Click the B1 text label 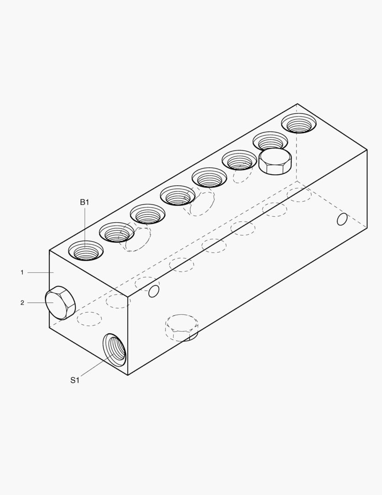coord(85,202)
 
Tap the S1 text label coord(75,380)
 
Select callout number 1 coord(22,272)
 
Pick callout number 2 coord(22,302)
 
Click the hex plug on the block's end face coord(60,303)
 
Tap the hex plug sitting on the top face coord(275,161)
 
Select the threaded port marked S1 coord(114,350)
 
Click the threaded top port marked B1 coord(86,251)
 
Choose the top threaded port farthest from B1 coord(298,123)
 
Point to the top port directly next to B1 coord(117,232)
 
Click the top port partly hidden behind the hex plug coord(270,140)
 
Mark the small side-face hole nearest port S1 coord(154,291)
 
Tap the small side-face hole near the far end coord(342,220)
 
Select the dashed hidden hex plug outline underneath coord(182,327)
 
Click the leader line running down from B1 coord(85,227)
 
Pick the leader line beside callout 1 coord(40,272)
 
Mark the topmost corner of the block coord(297,104)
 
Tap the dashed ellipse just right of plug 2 coord(89,319)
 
